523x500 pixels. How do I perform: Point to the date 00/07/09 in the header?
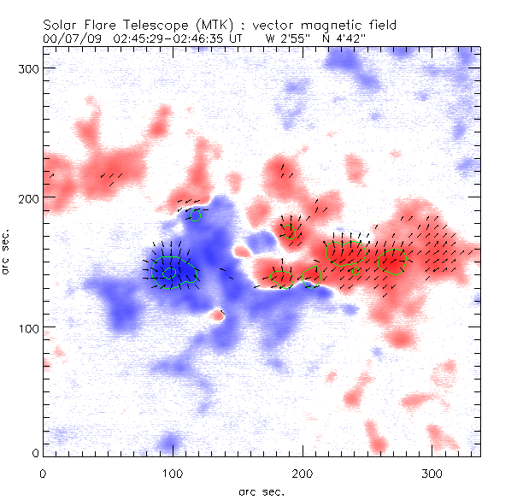(70, 38)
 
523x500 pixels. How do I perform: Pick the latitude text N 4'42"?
(344, 38)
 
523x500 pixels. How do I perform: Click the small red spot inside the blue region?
(217, 315)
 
